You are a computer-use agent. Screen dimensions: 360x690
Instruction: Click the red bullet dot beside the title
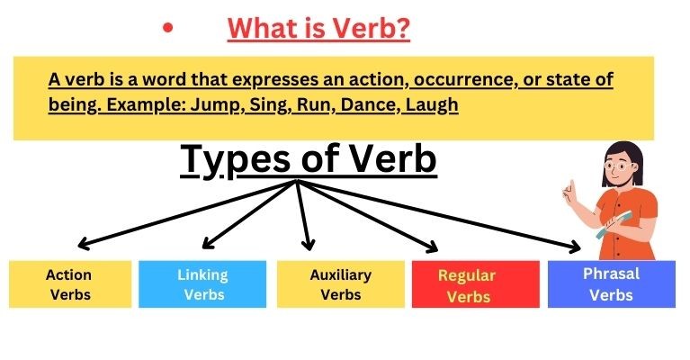[167, 28]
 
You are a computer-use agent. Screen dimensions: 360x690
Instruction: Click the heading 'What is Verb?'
[318, 29]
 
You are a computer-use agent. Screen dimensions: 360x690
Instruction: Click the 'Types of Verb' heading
[309, 159]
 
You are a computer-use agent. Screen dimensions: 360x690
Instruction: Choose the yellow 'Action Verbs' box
[68, 283]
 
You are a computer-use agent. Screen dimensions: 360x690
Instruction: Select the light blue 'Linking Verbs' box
[202, 283]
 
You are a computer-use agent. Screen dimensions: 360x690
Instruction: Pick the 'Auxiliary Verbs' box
[341, 283]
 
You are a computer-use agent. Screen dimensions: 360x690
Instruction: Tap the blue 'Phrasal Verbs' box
[611, 283]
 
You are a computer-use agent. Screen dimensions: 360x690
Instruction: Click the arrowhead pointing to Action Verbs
[83, 244]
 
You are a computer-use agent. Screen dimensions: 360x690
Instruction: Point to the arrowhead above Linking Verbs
[207, 243]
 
